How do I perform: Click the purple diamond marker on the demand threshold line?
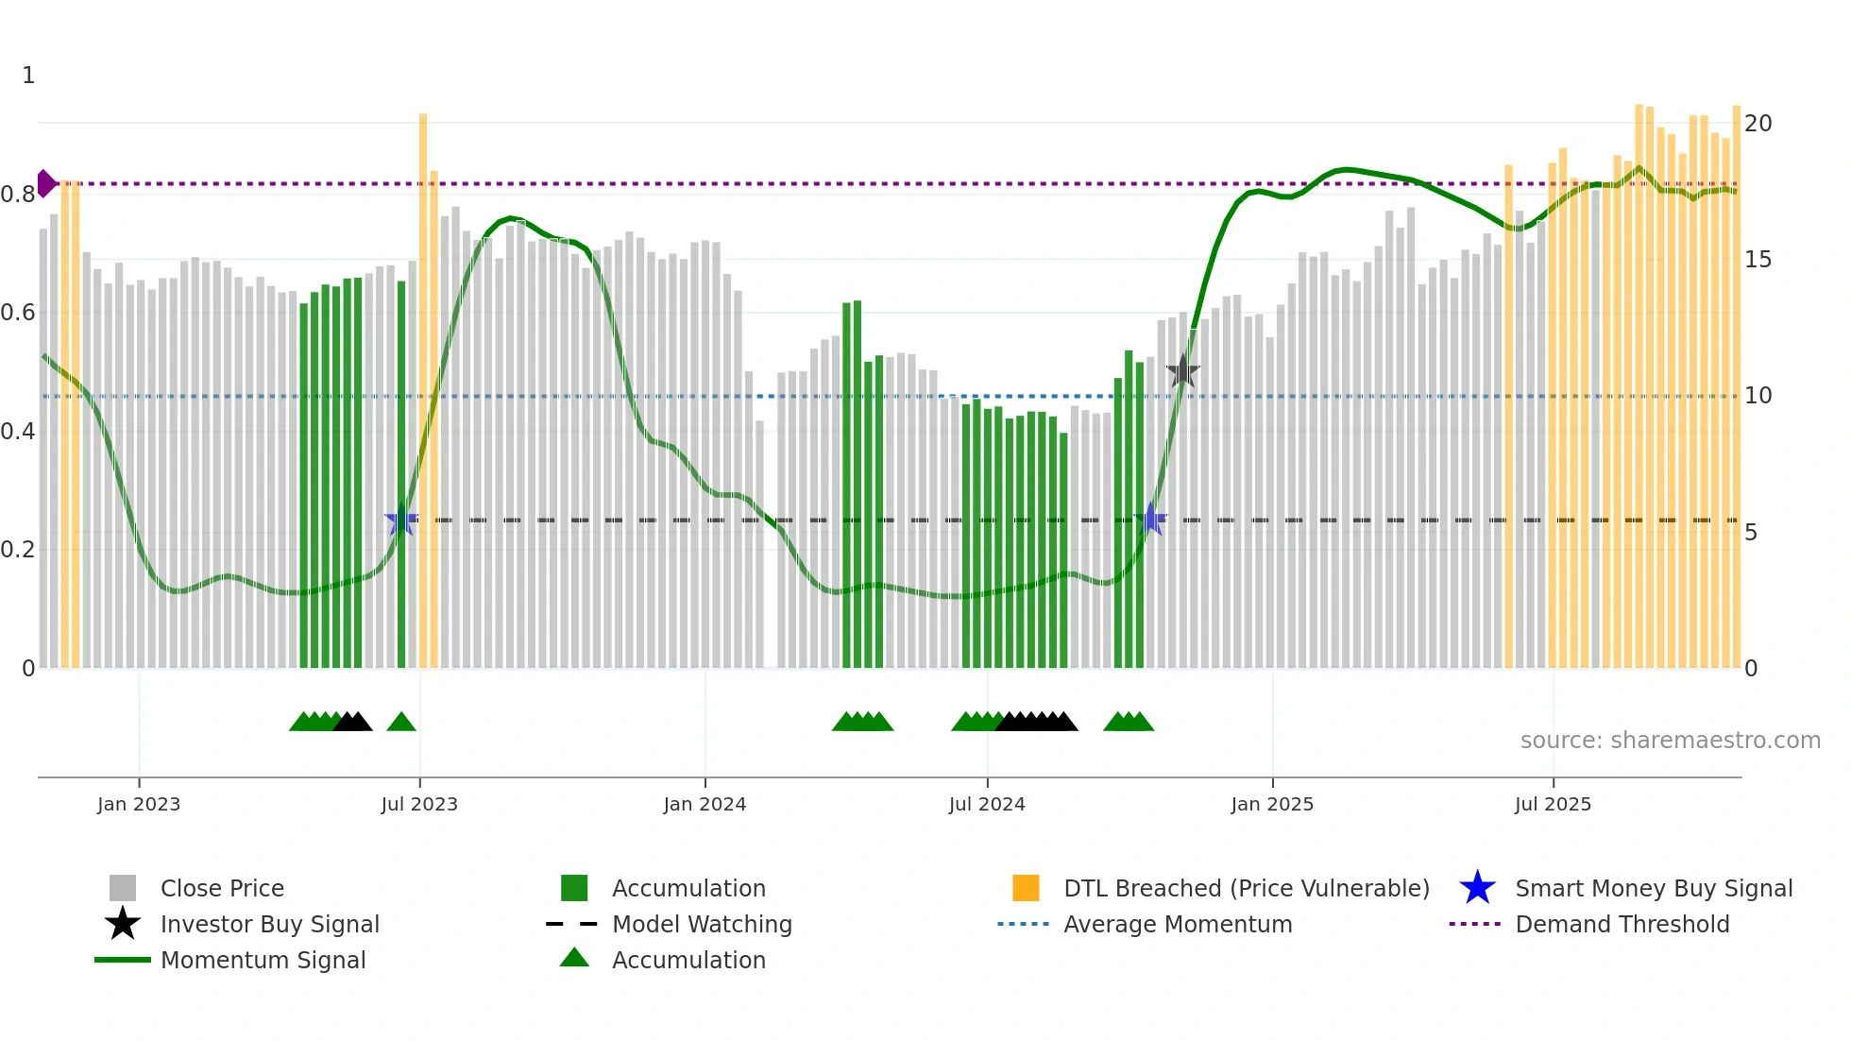45,183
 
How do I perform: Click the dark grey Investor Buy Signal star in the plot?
1182,372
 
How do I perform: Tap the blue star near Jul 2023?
401,520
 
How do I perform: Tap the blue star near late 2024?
1151,519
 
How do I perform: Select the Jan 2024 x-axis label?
705,804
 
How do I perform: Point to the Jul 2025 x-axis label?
1553,804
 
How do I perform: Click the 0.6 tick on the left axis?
18,313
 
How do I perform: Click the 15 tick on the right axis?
1758,260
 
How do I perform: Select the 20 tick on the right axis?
1758,124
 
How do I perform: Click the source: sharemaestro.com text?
1670,741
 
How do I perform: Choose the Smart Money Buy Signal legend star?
1477,888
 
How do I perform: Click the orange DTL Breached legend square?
1026,888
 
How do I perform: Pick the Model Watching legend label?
702,924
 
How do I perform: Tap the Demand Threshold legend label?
1622,924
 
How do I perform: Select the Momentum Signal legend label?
263,960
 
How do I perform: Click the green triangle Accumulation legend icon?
574,958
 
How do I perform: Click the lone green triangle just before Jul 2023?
401,723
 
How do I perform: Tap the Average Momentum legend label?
1178,924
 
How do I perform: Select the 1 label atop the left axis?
28,76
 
